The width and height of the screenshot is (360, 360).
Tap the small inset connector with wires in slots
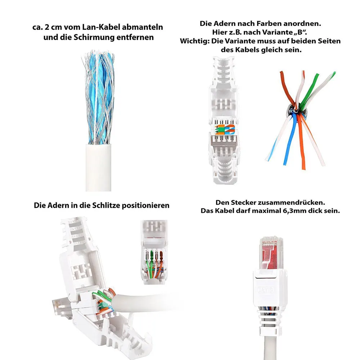[x=154, y=252]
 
